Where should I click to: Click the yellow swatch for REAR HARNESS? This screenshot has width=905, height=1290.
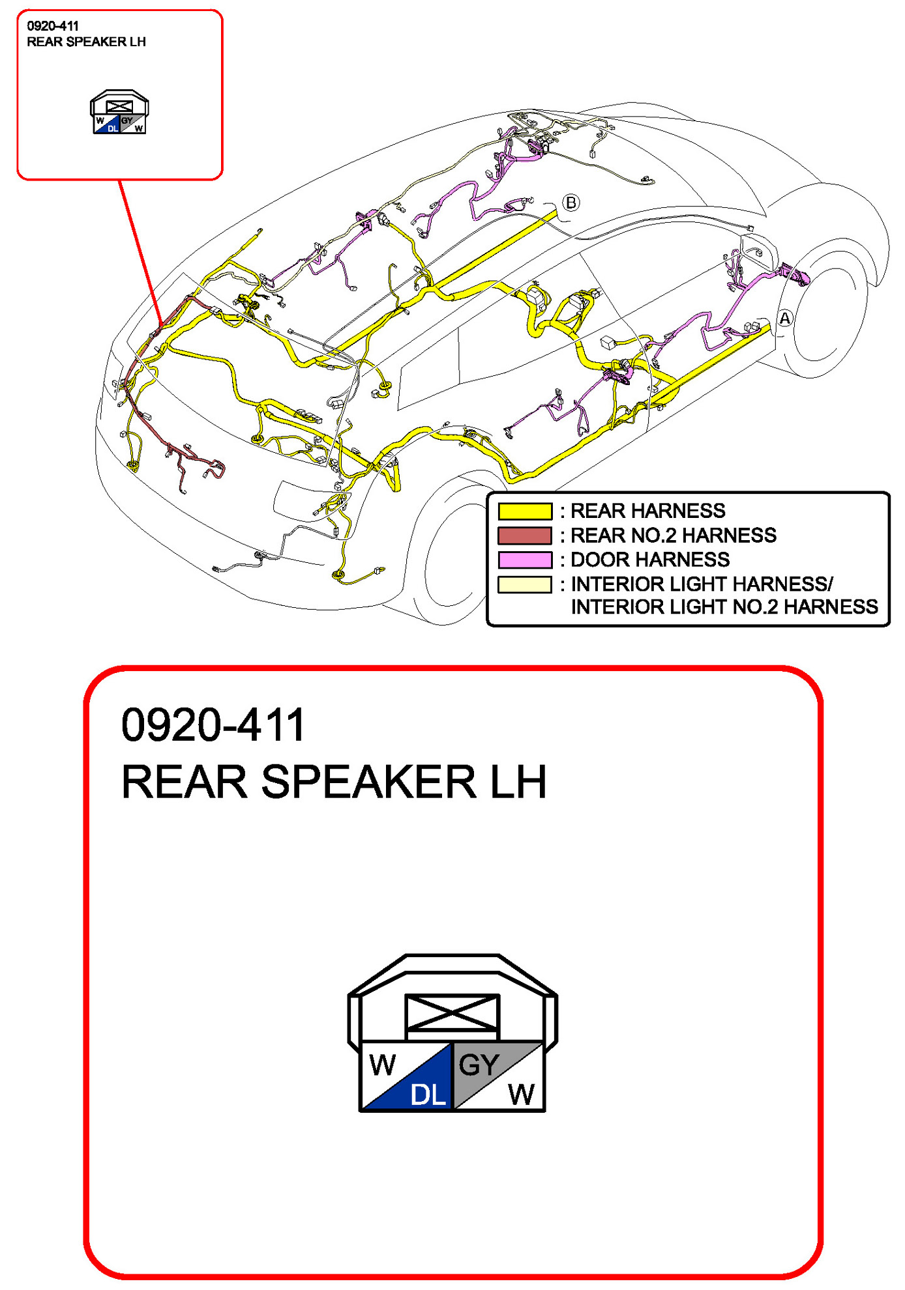524,511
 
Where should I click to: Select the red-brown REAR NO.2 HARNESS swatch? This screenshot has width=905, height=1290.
524,536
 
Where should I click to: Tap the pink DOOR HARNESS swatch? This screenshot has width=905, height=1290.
524,560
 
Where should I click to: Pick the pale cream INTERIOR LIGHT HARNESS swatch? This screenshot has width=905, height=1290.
524,584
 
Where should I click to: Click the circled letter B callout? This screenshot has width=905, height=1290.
571,203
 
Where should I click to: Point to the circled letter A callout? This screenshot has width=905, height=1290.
785,319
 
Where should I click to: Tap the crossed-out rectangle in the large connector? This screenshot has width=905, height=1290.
452,1012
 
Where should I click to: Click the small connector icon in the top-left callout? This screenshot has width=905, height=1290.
119,113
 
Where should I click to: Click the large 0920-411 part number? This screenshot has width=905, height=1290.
213,725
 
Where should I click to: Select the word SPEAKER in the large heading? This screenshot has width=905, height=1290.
368,782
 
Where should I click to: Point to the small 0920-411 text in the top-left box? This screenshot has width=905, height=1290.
53,26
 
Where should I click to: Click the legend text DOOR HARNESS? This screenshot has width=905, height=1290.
650,560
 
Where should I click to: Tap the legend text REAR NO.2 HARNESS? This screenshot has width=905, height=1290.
674,536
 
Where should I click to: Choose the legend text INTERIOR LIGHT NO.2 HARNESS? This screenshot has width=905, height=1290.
724,607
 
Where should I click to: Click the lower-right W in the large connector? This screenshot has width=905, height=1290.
521,1094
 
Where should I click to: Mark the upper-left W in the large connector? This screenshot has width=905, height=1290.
382,1065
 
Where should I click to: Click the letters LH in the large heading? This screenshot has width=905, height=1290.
518,782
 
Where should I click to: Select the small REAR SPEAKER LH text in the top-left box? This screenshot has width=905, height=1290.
86,42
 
